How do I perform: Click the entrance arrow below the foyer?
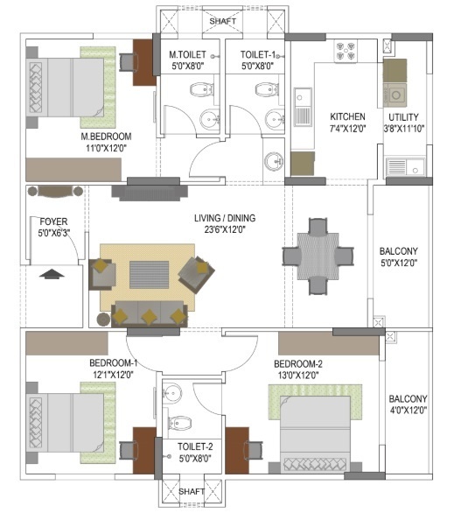[x=52, y=273]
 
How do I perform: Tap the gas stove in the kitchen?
[x=346, y=51]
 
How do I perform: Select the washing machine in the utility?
[x=395, y=95]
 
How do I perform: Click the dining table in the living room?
[x=318, y=256]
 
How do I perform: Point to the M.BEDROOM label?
[x=106, y=137]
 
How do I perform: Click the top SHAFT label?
[x=222, y=21]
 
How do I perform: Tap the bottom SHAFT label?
[x=192, y=491]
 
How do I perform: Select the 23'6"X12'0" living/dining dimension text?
[x=225, y=229]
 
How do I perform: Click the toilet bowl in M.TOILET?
[x=202, y=89]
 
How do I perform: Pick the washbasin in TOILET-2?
[x=172, y=392]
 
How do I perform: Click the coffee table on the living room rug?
[x=150, y=275]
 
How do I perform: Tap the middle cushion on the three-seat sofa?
[x=149, y=317]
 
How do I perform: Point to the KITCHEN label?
[x=347, y=116]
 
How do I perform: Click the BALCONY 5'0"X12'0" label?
[x=398, y=257]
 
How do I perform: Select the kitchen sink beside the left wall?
[x=303, y=107]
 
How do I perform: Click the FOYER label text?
[x=53, y=221]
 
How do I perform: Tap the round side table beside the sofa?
[x=104, y=320]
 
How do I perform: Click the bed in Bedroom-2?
[x=315, y=429]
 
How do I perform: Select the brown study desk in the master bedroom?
[x=143, y=62]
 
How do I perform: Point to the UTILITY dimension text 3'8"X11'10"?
[x=404, y=128]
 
